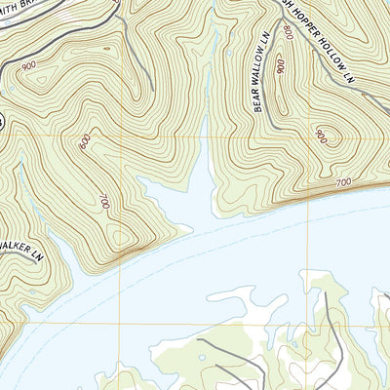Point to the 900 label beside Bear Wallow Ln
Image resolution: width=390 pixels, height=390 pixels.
281,66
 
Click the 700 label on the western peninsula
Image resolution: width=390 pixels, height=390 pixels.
101,203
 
